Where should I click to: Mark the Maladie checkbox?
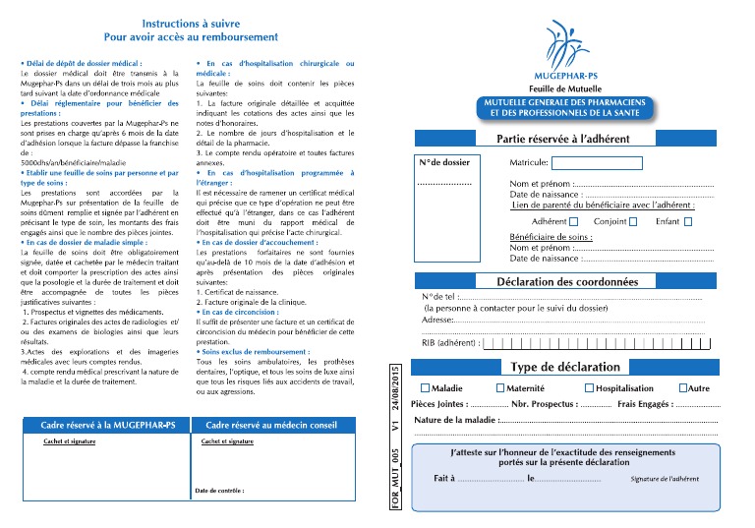[x=425, y=388]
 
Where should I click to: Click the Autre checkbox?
[x=680, y=388]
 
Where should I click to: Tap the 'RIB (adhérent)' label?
[x=450, y=343]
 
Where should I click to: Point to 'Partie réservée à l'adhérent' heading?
[x=563, y=139]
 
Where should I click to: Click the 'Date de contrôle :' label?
[x=218, y=490]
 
